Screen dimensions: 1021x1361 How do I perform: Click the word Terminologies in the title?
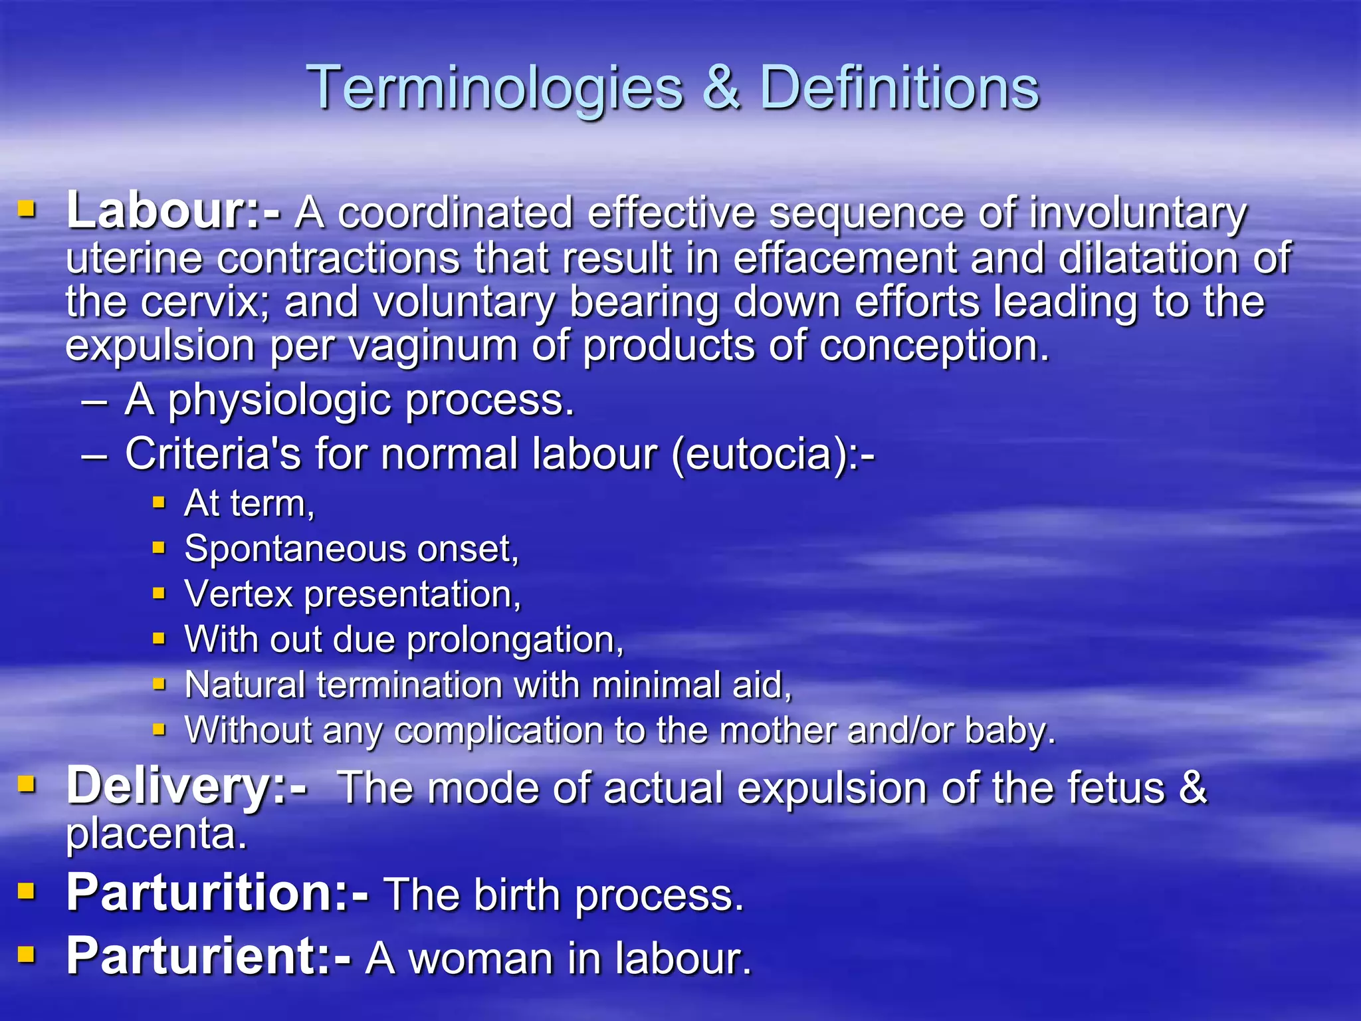[x=495, y=88]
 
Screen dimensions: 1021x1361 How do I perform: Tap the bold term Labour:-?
[x=173, y=211]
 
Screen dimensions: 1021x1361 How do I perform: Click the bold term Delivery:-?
[x=186, y=786]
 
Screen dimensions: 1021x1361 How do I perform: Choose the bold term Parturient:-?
[x=208, y=957]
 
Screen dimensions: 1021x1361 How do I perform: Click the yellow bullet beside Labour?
[x=27, y=211]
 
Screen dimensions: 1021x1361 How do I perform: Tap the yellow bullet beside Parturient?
[x=27, y=955]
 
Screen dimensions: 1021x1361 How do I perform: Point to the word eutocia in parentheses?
[x=758, y=454]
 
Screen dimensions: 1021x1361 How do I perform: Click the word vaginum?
[x=434, y=346]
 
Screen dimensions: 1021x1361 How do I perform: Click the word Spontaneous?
[x=295, y=549]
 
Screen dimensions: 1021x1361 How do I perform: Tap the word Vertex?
[x=239, y=594]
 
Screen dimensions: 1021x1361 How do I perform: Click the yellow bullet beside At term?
[x=159, y=503]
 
